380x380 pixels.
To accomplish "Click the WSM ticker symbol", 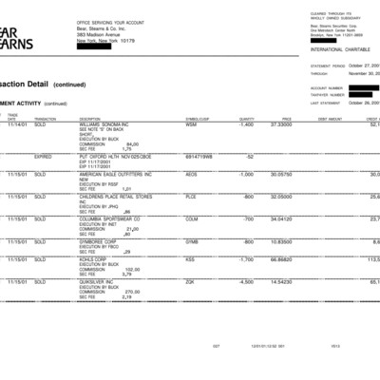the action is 191,124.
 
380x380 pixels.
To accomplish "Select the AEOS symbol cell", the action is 192,174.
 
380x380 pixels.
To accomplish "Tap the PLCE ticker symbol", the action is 192,197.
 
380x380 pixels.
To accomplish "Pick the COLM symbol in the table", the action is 192,218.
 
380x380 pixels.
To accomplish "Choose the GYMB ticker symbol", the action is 192,241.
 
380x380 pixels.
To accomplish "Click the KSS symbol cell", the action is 190,258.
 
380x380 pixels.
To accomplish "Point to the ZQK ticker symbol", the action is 190,281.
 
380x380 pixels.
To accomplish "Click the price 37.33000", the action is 281,124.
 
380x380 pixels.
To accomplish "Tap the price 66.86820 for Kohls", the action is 281,258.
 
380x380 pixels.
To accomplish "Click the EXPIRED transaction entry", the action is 44,156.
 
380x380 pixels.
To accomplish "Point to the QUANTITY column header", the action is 247,119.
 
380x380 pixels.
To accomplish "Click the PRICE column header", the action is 286,119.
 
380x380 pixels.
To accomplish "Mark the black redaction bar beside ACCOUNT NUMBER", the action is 363,87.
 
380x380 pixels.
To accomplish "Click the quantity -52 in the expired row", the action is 250,156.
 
